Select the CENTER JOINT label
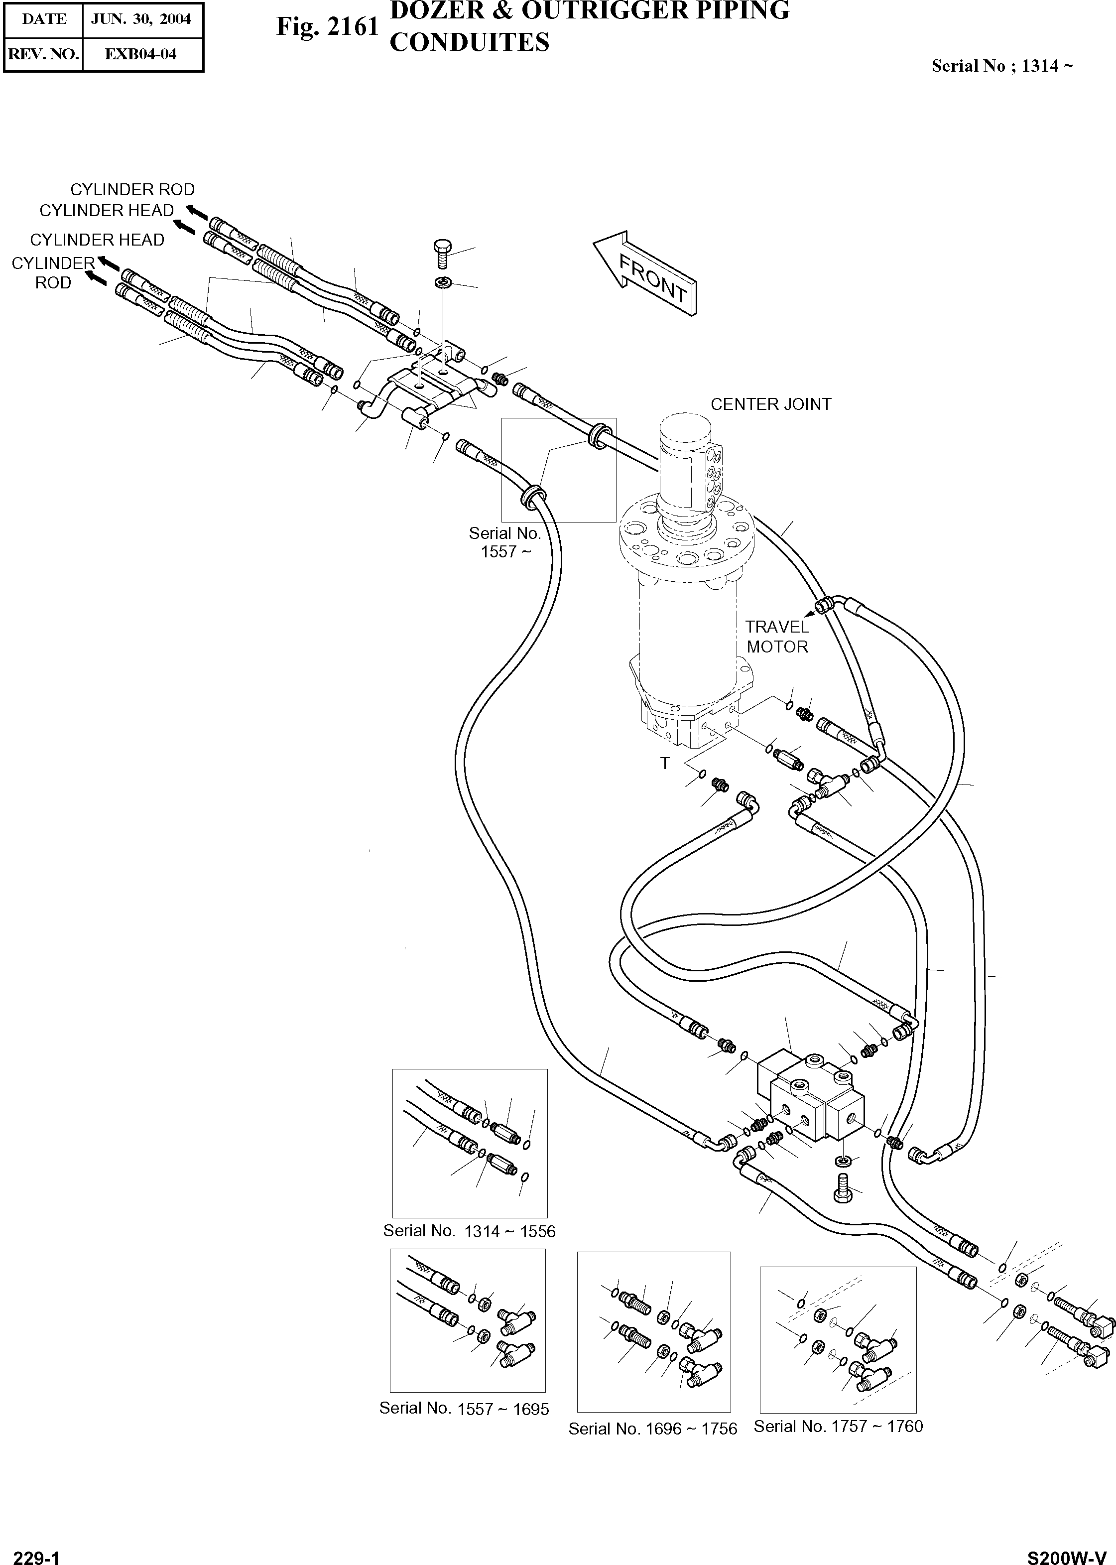coord(770,404)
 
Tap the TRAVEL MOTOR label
coord(777,637)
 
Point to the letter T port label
coord(664,763)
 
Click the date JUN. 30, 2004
coord(141,19)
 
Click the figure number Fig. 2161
coord(327,27)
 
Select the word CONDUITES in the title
coord(469,43)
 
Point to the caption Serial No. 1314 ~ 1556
coord(469,1231)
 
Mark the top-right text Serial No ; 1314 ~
coord(1002,66)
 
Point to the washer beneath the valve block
coord(843,1161)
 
